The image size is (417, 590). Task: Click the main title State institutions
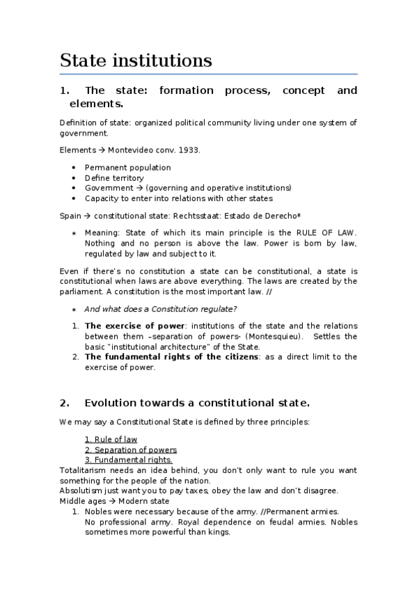(x=136, y=61)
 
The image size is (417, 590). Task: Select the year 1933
(x=187, y=150)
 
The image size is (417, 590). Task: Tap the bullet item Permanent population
(x=127, y=168)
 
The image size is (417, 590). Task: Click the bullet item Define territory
(x=114, y=178)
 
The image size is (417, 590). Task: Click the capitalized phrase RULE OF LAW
(x=326, y=232)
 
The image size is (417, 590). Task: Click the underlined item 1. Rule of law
(x=111, y=439)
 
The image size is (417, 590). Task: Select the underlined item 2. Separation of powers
(x=130, y=450)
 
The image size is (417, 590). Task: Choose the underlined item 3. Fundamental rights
(x=128, y=460)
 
